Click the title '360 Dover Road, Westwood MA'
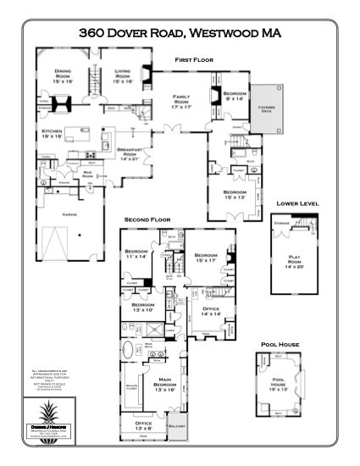pos(180,33)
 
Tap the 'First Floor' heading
pos(193,60)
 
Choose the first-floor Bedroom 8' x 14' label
pos(235,96)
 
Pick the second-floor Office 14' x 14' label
pos(210,312)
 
